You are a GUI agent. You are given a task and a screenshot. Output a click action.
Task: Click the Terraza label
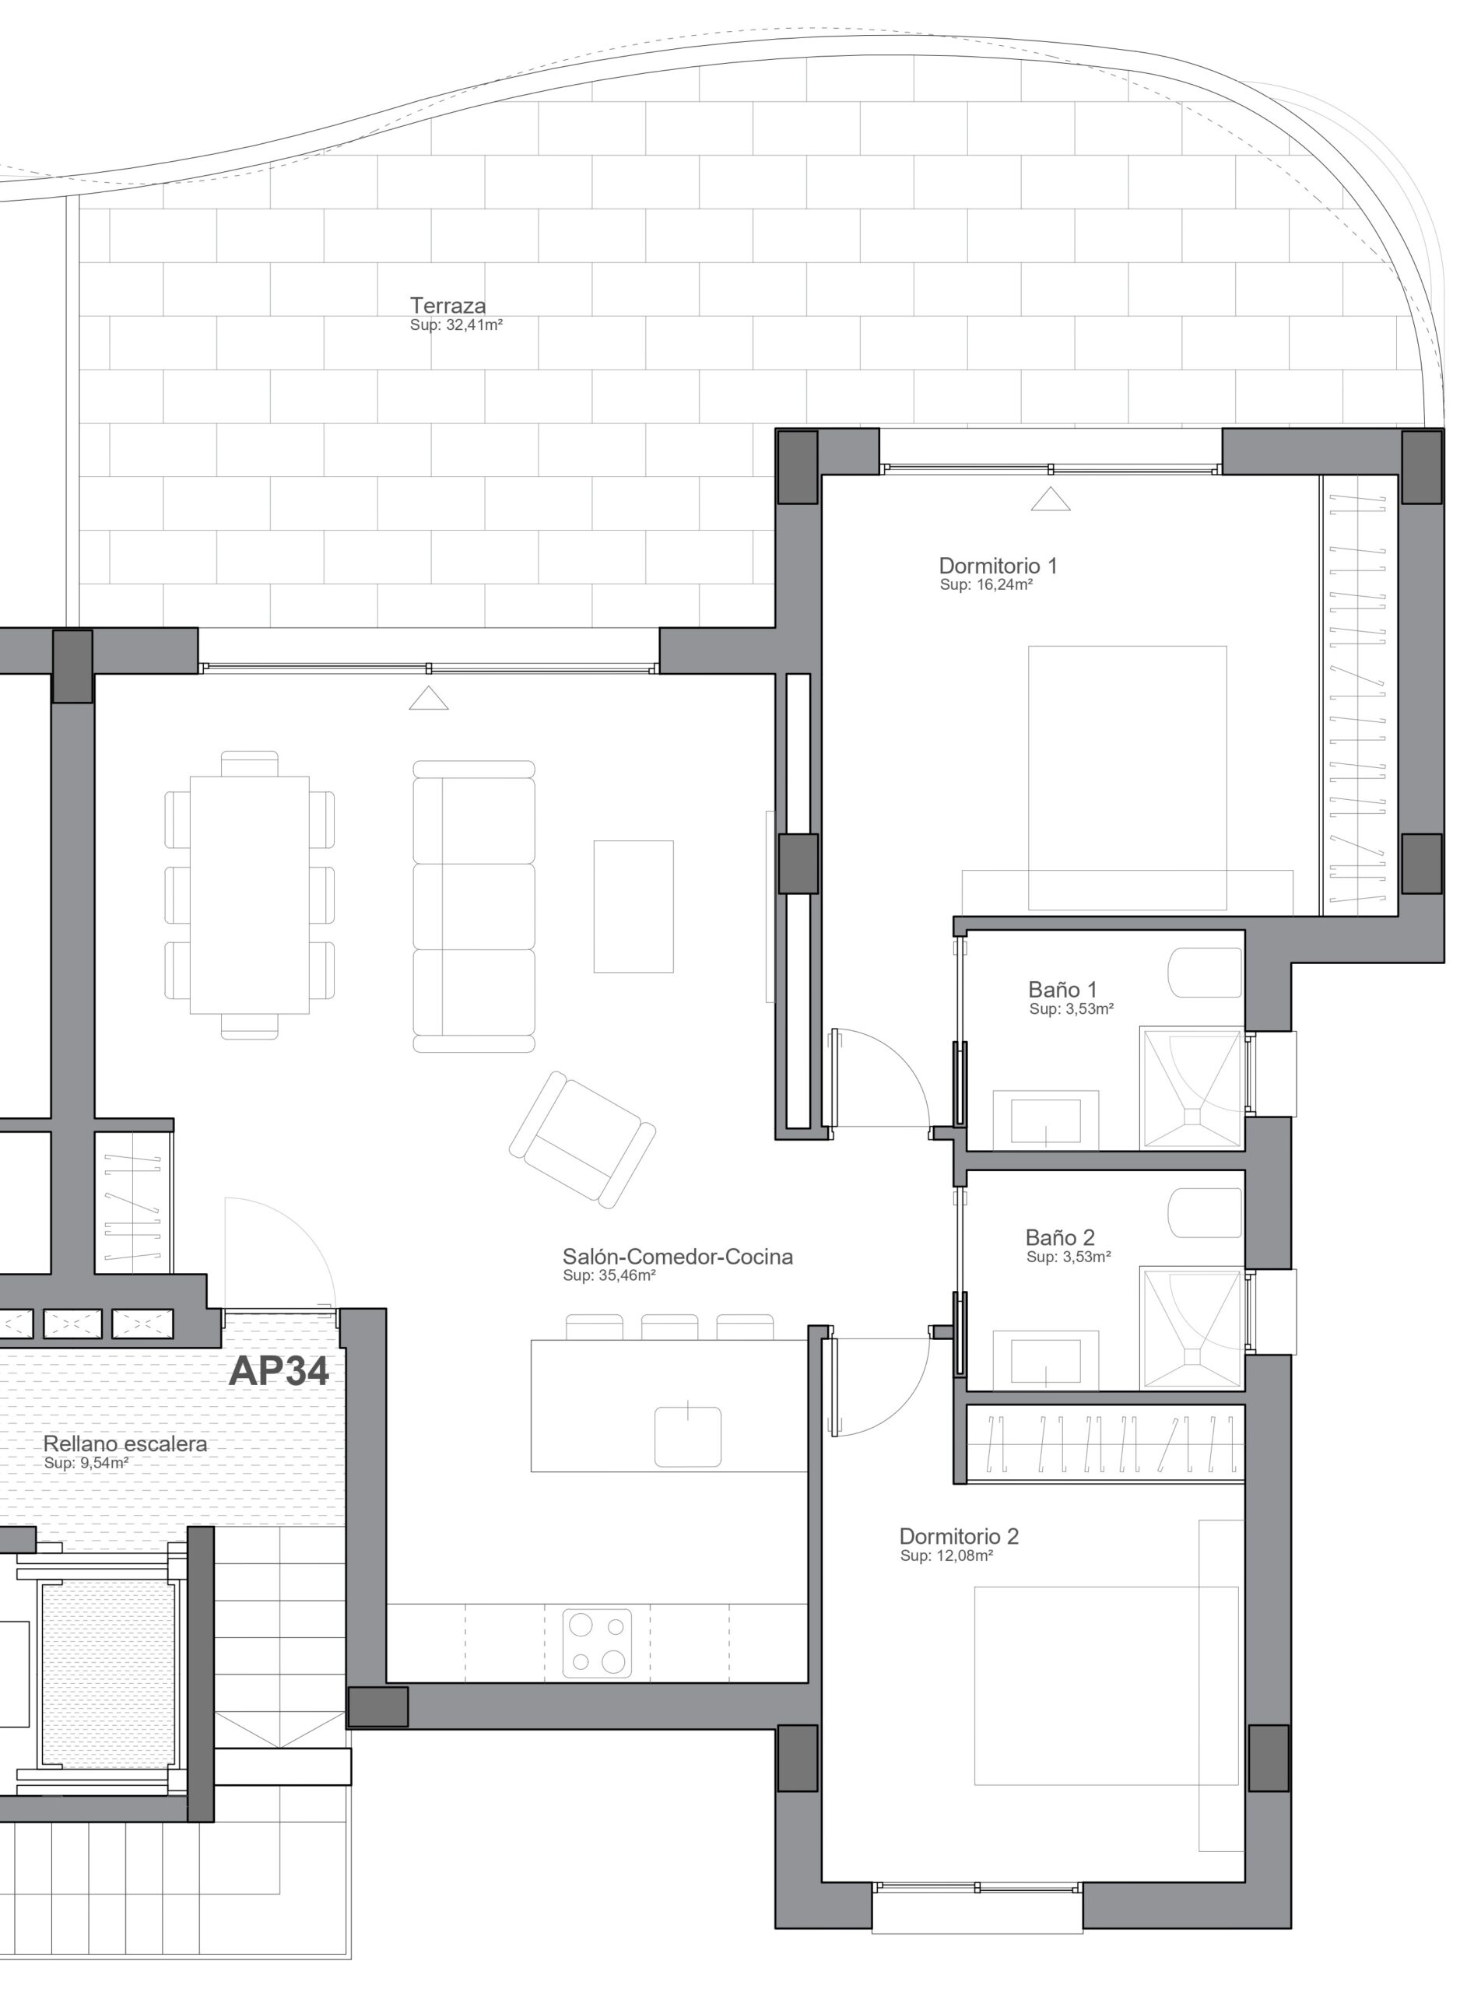pyautogui.click(x=447, y=306)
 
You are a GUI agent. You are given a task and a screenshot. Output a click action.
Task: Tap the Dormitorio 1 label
pyautogui.click(x=998, y=566)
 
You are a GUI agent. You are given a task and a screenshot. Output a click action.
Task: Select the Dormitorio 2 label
pyautogui.click(x=959, y=1536)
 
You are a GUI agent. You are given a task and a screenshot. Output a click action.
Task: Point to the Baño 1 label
pyautogui.click(x=1062, y=989)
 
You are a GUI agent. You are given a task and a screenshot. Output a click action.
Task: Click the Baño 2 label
pyautogui.click(x=1060, y=1237)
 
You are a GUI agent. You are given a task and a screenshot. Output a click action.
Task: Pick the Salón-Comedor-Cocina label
pyautogui.click(x=678, y=1256)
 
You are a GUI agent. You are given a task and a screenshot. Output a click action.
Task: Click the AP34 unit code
pyautogui.click(x=279, y=1370)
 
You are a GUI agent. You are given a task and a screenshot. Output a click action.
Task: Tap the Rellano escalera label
pyautogui.click(x=125, y=1443)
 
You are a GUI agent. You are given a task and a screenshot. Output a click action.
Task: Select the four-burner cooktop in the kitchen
pyautogui.click(x=598, y=1643)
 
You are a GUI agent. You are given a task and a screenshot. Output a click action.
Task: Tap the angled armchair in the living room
pyautogui.click(x=582, y=1139)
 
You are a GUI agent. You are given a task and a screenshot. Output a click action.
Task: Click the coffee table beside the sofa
pyautogui.click(x=633, y=907)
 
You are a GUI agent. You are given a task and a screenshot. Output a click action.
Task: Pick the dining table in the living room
pyautogui.click(x=250, y=895)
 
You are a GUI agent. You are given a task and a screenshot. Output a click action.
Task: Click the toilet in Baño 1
pyautogui.click(x=1206, y=973)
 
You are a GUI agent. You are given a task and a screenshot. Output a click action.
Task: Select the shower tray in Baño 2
pyautogui.click(x=1192, y=1328)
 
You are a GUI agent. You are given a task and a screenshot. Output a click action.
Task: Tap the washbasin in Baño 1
pyautogui.click(x=1045, y=1121)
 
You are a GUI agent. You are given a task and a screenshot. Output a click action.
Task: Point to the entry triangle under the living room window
pyautogui.click(x=429, y=698)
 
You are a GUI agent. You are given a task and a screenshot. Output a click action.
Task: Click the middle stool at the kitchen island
pyautogui.click(x=669, y=1327)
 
